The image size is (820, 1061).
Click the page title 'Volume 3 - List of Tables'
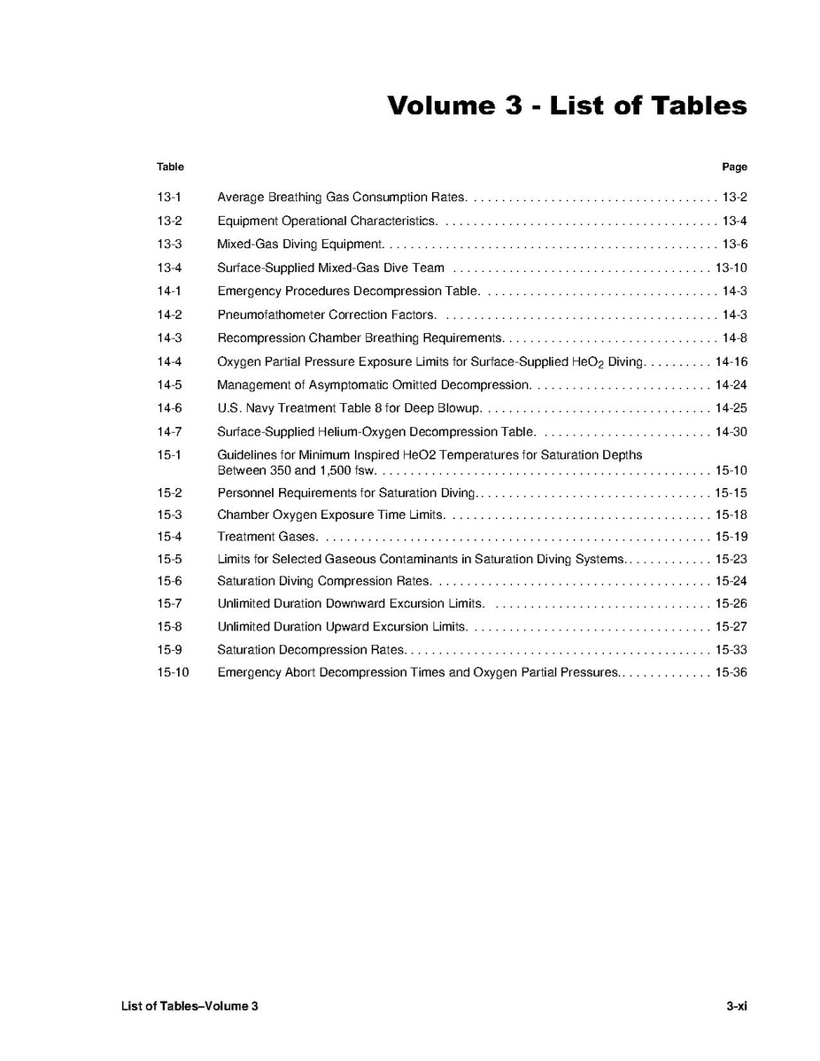pos(567,105)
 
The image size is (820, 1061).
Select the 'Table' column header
pos(170,167)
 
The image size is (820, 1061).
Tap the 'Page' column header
pos(734,167)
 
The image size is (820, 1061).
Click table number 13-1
pos(169,197)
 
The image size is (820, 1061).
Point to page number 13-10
pos(731,267)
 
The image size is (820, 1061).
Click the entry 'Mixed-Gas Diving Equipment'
pos(299,244)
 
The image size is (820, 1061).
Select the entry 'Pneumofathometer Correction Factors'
pos(326,314)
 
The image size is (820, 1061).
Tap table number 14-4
pos(169,361)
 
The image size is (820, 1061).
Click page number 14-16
pos(731,361)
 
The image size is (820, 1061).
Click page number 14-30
pos(731,432)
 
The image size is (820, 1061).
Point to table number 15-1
pos(169,455)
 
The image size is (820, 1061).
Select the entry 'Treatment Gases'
pos(267,537)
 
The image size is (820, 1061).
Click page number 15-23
pos(731,560)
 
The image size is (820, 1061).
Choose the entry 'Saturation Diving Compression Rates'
pos(323,582)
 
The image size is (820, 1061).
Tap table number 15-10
pos(173,673)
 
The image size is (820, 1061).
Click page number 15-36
pos(731,673)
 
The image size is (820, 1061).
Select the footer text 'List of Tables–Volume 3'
pos(190,1006)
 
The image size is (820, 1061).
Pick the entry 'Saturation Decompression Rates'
pos(311,650)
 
